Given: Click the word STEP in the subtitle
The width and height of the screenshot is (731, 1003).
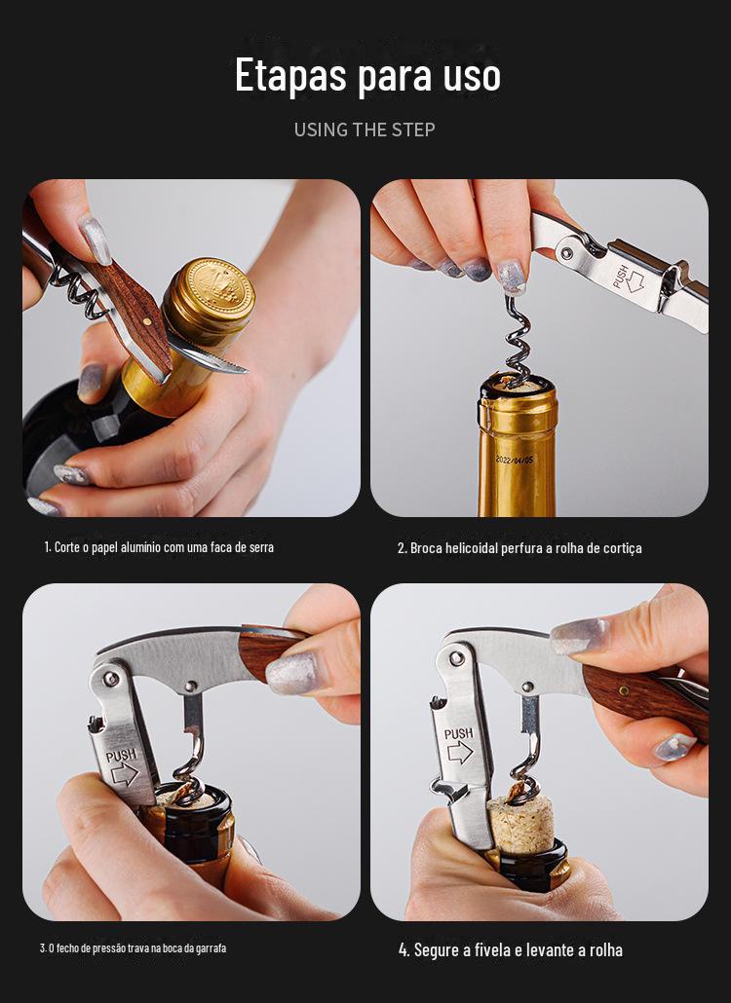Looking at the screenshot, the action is click(x=413, y=130).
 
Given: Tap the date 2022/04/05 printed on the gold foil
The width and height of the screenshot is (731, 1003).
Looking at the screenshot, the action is click(x=514, y=460).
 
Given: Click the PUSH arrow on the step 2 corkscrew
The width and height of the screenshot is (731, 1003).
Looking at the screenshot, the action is click(x=635, y=280).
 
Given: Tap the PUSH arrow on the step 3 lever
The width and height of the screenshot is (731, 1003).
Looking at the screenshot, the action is click(x=124, y=774).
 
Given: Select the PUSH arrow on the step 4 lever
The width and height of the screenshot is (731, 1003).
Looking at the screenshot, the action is click(x=460, y=753).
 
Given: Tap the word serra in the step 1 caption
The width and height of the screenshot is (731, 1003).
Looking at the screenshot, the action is click(x=261, y=547).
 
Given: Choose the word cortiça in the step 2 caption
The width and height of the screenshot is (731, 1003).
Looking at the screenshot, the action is click(x=622, y=548).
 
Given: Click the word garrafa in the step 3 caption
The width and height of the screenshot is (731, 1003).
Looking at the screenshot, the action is click(x=212, y=948).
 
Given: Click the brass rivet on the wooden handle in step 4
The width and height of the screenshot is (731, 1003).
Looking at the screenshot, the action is click(x=623, y=690).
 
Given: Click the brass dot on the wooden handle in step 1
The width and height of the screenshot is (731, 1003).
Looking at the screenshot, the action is click(x=146, y=323).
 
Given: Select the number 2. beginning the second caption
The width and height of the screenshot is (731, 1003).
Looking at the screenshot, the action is click(x=402, y=548).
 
